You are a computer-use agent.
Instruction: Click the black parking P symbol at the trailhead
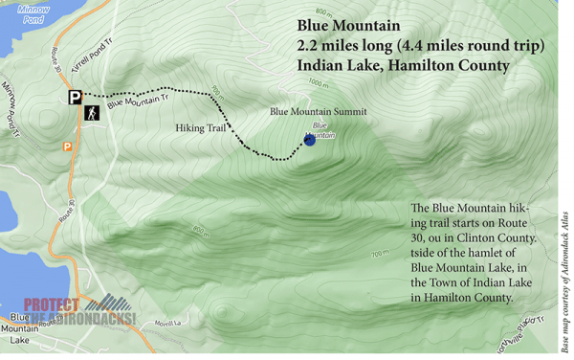(75, 97)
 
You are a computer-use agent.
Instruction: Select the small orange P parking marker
(67, 146)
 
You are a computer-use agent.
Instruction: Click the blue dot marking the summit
(309, 140)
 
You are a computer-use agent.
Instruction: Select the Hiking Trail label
(203, 127)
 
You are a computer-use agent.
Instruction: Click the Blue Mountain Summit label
(319, 112)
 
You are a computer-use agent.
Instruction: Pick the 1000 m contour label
(318, 84)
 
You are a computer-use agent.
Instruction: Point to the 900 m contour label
(216, 93)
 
